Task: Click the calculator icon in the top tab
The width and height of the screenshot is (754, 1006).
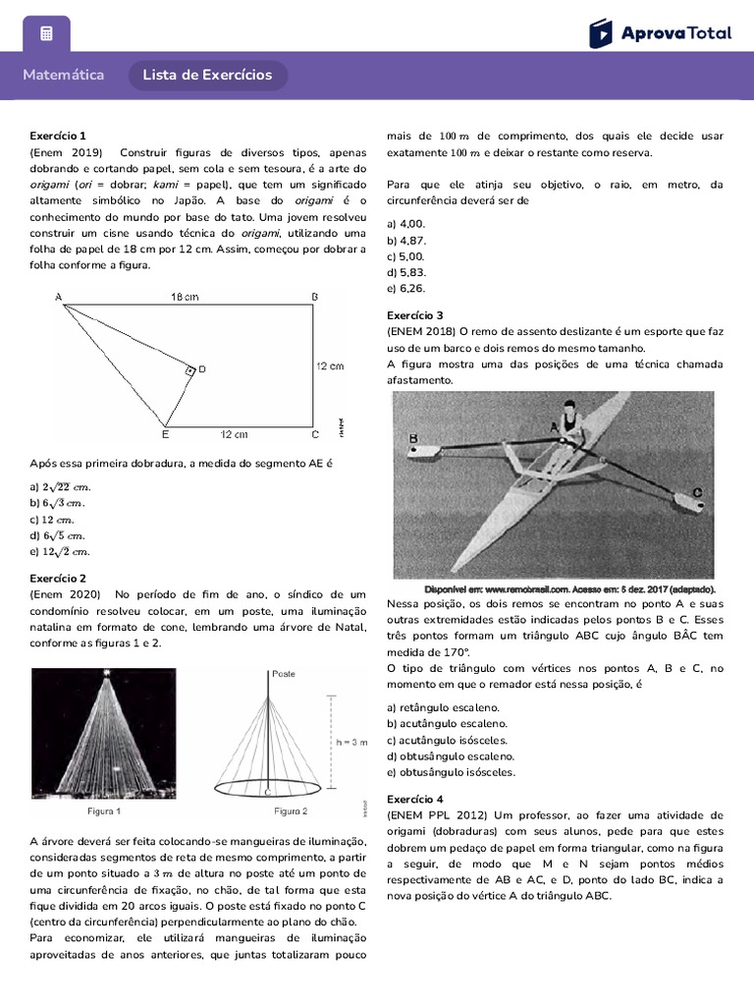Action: tap(46, 34)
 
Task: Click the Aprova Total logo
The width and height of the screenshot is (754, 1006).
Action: tap(660, 33)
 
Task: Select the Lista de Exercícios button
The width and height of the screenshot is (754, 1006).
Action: tap(207, 76)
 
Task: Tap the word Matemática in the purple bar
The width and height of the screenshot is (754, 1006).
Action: tap(63, 76)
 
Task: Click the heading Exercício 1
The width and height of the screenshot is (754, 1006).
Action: tap(58, 136)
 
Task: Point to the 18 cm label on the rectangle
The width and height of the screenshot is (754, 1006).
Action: tap(185, 297)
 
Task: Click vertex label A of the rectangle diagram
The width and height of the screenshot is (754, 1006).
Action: tap(58, 297)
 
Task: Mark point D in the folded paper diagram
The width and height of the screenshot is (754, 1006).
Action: tap(201, 369)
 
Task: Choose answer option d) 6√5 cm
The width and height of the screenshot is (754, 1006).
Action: tap(58, 535)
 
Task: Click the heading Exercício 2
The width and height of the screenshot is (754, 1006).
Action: tap(58, 579)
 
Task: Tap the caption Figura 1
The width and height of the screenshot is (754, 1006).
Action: tap(104, 811)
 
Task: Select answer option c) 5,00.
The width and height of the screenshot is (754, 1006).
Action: tap(406, 256)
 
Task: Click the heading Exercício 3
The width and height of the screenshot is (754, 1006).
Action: tap(414, 315)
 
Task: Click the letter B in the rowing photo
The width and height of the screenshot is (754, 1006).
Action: tap(412, 438)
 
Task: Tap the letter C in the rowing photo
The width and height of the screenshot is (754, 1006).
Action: tap(696, 492)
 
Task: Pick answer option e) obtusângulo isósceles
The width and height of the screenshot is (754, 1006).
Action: tap(451, 772)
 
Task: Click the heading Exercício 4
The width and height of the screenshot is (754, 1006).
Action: tap(414, 799)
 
